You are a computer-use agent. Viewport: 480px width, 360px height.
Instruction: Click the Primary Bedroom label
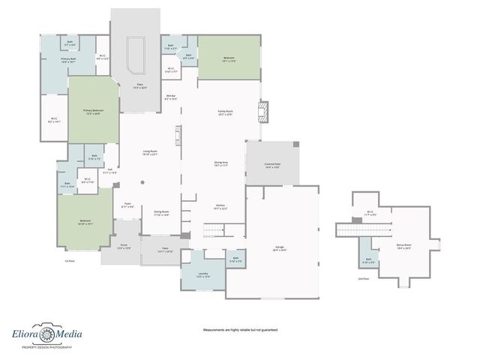94,112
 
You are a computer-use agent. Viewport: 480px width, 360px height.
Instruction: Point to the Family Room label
225,112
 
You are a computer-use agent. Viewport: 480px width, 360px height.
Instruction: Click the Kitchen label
220,207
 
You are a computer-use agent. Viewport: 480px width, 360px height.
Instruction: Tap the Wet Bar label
171,97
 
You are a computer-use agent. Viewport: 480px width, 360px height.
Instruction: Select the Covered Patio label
271,165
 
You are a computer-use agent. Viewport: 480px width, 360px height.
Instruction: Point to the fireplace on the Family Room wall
262,112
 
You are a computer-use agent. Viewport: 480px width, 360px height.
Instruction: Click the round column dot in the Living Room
142,182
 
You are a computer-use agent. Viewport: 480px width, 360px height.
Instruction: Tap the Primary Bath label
69,59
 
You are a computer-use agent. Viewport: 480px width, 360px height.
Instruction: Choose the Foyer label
127,205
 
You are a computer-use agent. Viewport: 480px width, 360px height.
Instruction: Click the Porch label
124,246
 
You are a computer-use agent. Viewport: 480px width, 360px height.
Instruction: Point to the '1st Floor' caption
68,260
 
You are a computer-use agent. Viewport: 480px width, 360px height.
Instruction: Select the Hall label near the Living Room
109,171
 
